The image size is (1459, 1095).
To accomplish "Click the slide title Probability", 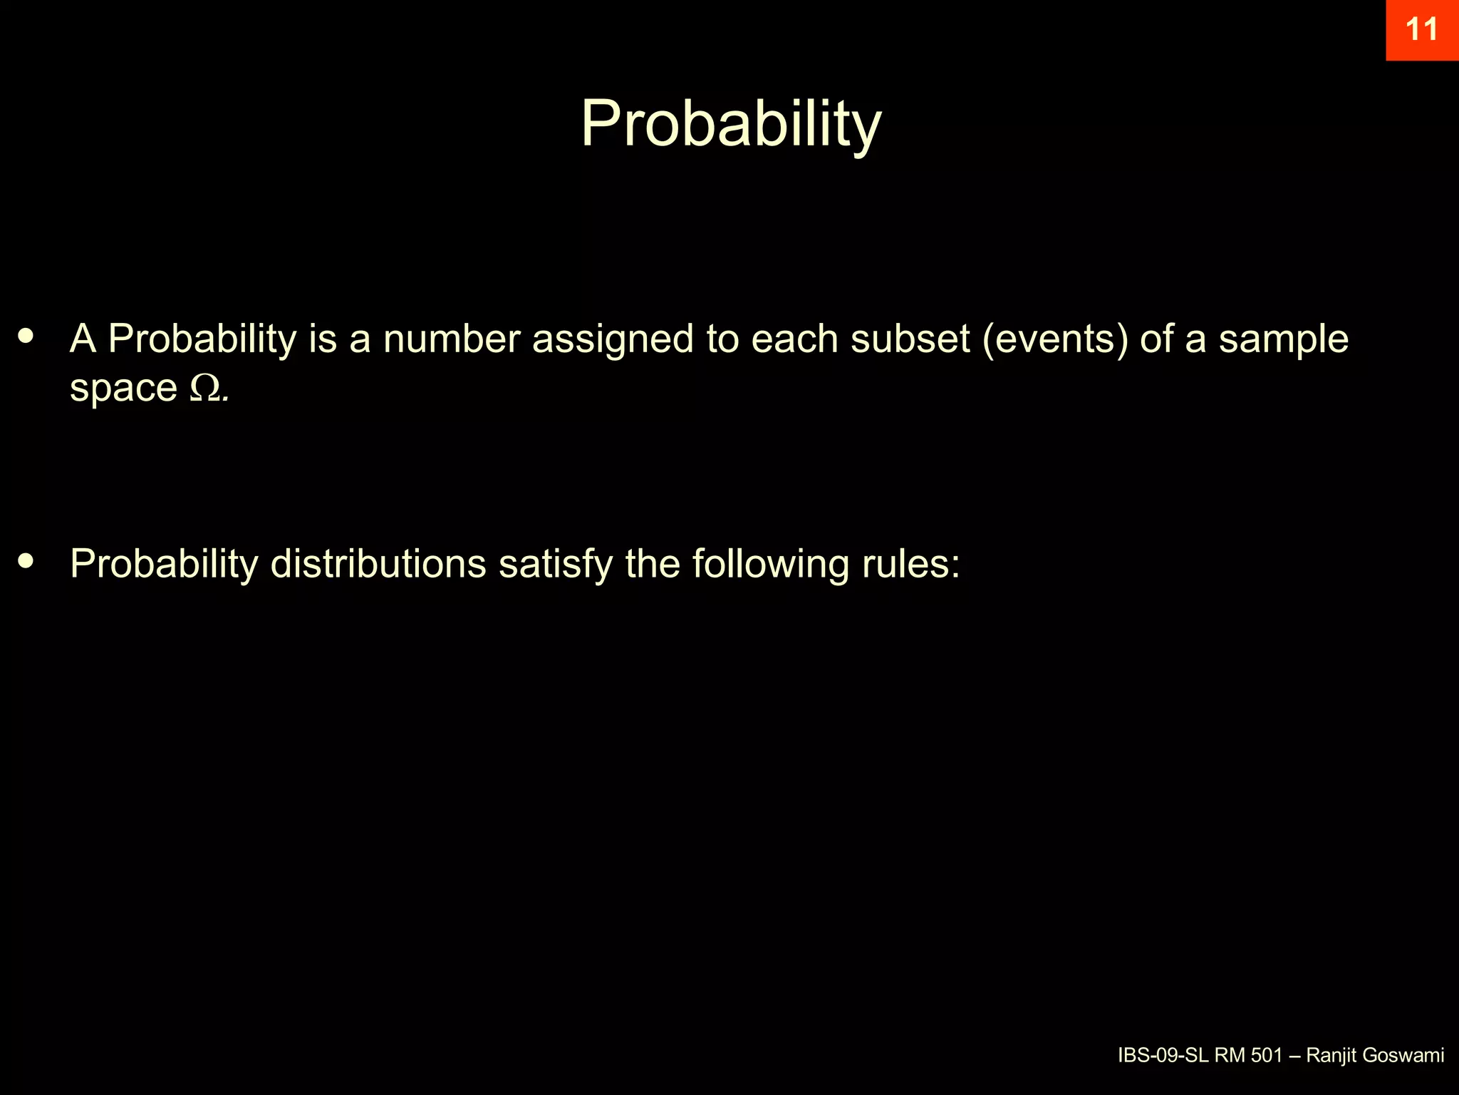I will pos(731,125).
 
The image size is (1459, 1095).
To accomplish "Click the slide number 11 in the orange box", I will pos(1422,30).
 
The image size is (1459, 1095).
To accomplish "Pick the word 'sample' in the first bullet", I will pos(1283,340).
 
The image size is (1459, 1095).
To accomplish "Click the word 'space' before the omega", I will pos(123,389).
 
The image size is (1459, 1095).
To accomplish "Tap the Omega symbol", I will pos(205,388).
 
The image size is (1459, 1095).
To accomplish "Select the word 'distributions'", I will pos(378,563).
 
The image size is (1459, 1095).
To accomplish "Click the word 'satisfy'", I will pos(555,565).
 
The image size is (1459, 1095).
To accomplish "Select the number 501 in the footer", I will pos(1267,1056).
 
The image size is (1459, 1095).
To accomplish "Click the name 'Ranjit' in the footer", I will pos(1330,1056).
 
